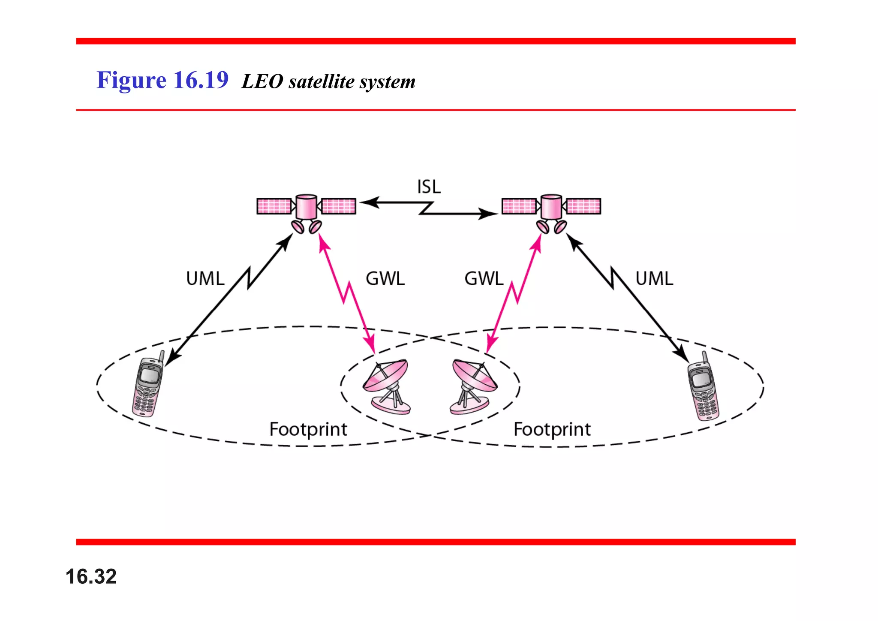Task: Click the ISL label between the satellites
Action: pyautogui.click(x=429, y=187)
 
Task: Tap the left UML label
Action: pyautogui.click(x=205, y=279)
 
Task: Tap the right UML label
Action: pyautogui.click(x=654, y=279)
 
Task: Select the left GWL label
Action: pyautogui.click(x=385, y=279)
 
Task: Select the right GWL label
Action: pyautogui.click(x=484, y=279)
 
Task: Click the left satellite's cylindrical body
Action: pyautogui.click(x=306, y=207)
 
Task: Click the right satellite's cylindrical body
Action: pyautogui.click(x=551, y=207)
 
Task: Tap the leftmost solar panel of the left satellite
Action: pyautogui.click(x=274, y=206)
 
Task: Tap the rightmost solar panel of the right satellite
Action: pyautogui.click(x=583, y=206)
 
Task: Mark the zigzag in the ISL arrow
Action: pyautogui.click(x=427, y=208)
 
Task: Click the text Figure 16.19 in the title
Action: pyautogui.click(x=162, y=80)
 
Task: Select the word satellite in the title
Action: pyautogui.click(x=322, y=81)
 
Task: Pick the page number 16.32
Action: pyautogui.click(x=91, y=576)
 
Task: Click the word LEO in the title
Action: pyautogui.click(x=262, y=81)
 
